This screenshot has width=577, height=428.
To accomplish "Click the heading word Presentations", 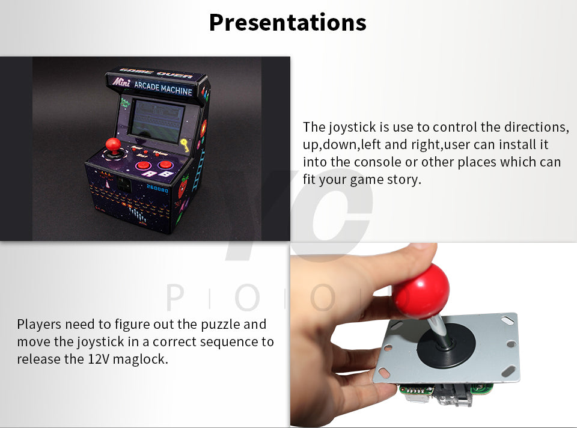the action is click(x=287, y=23).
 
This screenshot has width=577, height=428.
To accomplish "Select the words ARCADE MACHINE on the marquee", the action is click(x=163, y=88).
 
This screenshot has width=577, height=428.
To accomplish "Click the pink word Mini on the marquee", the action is click(x=121, y=82).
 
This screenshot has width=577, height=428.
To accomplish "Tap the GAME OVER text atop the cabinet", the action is click(x=156, y=73).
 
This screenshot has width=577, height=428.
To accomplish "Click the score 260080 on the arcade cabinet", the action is click(x=157, y=188).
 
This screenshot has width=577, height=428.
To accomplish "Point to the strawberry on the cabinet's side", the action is click(x=183, y=186).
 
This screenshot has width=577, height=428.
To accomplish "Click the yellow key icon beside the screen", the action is click(x=185, y=145).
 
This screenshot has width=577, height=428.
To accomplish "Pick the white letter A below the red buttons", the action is click(x=150, y=173).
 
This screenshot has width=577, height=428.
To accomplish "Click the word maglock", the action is click(x=140, y=359).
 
